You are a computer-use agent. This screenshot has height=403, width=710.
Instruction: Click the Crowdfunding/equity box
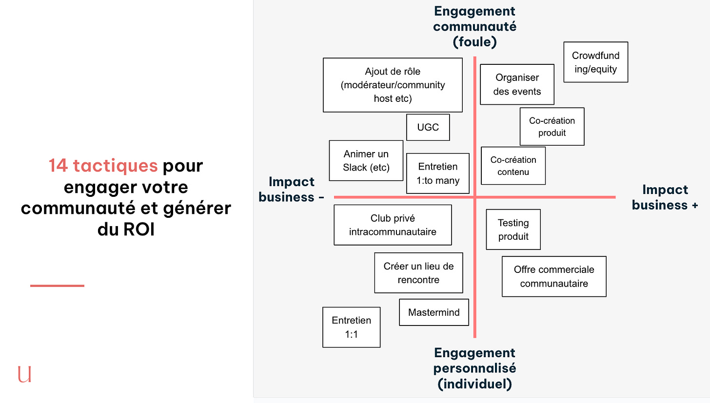pos(595,62)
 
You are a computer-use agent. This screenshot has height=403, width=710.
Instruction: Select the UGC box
pos(428,127)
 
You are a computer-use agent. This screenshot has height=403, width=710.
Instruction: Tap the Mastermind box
pos(434,312)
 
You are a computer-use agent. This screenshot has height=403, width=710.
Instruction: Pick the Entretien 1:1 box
pos(351,327)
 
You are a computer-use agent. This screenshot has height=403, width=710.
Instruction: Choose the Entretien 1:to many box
pos(437,173)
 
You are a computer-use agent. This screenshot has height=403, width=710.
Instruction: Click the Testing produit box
pos(513,230)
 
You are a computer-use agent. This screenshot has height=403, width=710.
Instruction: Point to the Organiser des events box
pos(517,84)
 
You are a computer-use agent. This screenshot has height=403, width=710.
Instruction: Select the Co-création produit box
pos(552,127)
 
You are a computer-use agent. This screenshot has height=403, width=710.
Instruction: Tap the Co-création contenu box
pos(513,166)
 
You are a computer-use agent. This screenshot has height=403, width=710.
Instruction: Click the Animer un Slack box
pos(366,161)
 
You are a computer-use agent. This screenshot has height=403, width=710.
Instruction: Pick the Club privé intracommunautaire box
pos(393,225)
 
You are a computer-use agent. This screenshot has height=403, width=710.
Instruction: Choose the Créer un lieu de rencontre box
pos(418,273)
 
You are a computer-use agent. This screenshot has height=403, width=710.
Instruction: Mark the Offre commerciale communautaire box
pos(554,276)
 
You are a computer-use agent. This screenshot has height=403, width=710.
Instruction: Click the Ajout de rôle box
pos(393,85)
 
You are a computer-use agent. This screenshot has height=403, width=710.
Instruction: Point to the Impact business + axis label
pos(665,197)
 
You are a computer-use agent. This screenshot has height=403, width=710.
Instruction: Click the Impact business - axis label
pos(291,189)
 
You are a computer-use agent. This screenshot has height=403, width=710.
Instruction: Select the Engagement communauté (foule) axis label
pos(474,26)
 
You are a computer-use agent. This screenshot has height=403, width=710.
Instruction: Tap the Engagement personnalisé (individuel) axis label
pos(474,368)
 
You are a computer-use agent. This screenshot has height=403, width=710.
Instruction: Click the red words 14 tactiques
pos(103,166)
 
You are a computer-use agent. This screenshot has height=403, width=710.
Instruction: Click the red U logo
pos(24,374)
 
